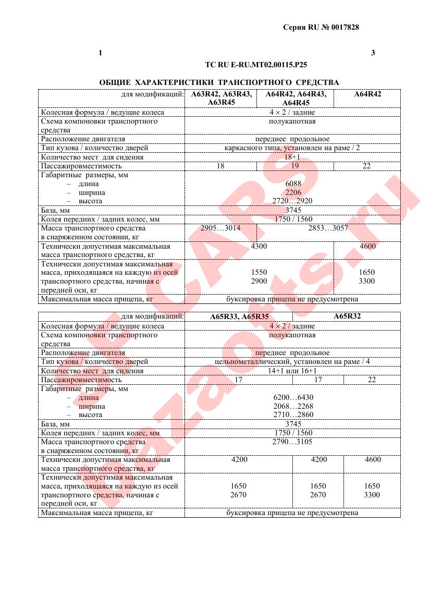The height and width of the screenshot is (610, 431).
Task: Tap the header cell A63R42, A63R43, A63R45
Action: pyautogui.click(x=221, y=98)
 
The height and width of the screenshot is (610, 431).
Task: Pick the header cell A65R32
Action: pyautogui.click(x=347, y=316)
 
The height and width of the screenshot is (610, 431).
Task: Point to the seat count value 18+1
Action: pyautogui.click(x=292, y=157)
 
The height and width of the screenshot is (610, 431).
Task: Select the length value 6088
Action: pyautogui.click(x=293, y=184)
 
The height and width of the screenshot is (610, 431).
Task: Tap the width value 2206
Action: pyautogui.click(x=293, y=192)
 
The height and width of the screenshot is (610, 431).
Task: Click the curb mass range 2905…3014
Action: pyautogui.click(x=220, y=228)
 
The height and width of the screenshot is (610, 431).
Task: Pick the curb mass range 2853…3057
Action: pyautogui.click(x=328, y=228)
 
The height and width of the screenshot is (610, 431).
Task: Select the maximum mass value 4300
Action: pyautogui.click(x=259, y=246)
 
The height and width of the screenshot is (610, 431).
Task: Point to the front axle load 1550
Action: pyautogui.click(x=259, y=272)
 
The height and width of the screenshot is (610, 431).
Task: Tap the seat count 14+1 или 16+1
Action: pyautogui.click(x=292, y=371)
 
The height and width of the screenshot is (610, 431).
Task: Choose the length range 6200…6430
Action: pyautogui.click(x=293, y=397)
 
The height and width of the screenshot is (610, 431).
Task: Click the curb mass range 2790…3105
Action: pyautogui.click(x=293, y=442)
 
